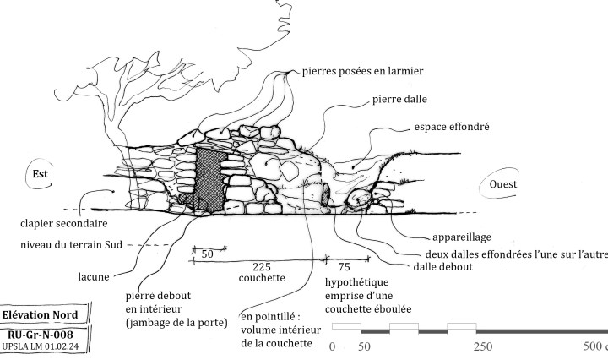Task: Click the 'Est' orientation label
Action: pyautogui.click(x=39, y=174)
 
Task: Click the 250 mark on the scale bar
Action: pyautogui.click(x=483, y=347)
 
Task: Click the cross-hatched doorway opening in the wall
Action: pyautogui.click(x=207, y=177)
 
